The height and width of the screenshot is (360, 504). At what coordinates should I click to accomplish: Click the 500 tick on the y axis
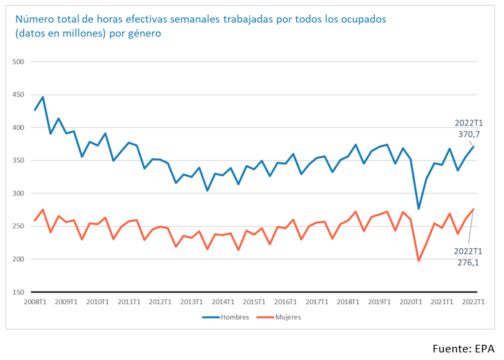19,62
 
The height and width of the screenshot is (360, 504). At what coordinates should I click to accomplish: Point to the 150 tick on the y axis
19,292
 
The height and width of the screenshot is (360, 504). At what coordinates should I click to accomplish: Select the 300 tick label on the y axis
19,193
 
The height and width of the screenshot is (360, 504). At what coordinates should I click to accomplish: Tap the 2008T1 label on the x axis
35,302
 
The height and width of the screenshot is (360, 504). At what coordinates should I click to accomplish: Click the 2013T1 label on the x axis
192,302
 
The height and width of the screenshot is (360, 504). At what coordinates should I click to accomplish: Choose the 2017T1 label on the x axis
317,302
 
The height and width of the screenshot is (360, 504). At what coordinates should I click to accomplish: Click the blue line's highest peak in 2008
43,97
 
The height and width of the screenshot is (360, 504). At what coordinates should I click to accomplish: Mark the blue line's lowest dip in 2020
418,209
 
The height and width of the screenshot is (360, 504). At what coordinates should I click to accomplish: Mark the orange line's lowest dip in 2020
418,260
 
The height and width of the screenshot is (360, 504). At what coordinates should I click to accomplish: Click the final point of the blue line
474,146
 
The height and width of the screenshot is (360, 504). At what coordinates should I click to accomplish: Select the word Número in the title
34,19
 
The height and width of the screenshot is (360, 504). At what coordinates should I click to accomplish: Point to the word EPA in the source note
486,348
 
